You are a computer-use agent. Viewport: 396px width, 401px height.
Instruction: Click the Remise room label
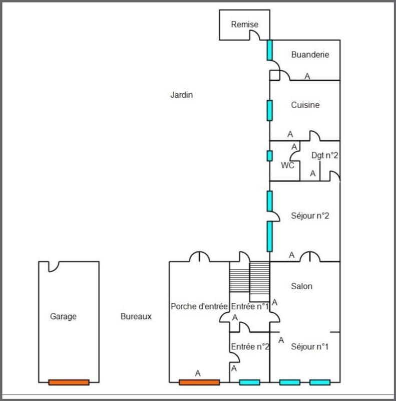point(245,25)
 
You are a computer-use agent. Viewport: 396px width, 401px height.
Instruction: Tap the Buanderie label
point(310,55)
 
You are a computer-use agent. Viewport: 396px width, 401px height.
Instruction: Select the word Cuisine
point(305,105)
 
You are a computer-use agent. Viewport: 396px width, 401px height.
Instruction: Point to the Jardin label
point(181,95)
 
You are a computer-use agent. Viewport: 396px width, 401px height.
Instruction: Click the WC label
point(287,165)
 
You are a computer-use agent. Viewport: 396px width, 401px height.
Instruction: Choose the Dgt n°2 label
point(325,155)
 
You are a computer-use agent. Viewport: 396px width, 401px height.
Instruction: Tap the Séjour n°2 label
point(309,216)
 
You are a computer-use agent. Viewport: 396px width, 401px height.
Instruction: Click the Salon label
point(302,286)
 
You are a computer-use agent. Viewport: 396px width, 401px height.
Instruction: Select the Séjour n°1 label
point(309,346)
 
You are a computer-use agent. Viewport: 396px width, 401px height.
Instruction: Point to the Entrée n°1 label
point(250,306)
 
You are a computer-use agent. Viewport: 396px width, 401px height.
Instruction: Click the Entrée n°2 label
point(250,346)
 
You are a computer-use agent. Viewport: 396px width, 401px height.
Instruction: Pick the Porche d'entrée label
point(199,306)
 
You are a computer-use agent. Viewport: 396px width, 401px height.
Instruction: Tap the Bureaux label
point(136,316)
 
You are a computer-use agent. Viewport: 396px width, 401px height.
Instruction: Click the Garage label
point(64,316)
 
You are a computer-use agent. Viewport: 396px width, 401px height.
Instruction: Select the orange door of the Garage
point(69,382)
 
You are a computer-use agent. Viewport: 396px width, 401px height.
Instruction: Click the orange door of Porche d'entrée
point(199,382)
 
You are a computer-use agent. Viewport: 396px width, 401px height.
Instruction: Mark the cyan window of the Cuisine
point(270,110)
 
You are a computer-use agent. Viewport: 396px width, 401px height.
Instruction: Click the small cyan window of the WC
point(270,155)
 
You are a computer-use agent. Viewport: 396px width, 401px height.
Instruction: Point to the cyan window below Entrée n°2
point(250,382)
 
